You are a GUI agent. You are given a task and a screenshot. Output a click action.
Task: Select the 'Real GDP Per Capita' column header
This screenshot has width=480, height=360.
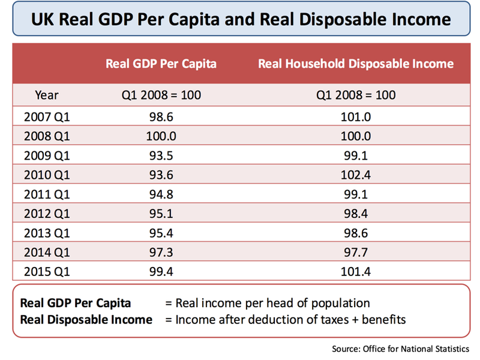(x=161, y=64)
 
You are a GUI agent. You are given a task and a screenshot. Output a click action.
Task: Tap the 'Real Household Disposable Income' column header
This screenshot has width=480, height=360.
(x=356, y=64)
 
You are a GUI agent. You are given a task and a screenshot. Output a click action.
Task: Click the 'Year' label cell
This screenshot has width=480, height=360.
(x=47, y=95)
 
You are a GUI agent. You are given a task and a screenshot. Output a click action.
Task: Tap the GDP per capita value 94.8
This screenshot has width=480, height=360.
(x=161, y=193)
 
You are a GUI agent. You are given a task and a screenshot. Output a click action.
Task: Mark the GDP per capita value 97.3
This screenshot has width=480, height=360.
(x=161, y=252)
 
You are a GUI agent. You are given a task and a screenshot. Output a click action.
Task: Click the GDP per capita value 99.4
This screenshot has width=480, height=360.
(x=161, y=272)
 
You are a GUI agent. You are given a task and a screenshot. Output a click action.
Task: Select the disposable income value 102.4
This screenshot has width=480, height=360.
(x=356, y=174)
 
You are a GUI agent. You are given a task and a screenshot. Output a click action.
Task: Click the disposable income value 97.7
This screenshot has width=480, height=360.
(x=356, y=252)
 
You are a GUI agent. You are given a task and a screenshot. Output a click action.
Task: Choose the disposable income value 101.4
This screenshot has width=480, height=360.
(x=356, y=272)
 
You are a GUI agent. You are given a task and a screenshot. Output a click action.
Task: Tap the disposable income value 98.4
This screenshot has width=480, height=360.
(x=356, y=213)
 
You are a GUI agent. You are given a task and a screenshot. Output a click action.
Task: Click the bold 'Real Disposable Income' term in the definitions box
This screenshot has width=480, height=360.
(x=86, y=320)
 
